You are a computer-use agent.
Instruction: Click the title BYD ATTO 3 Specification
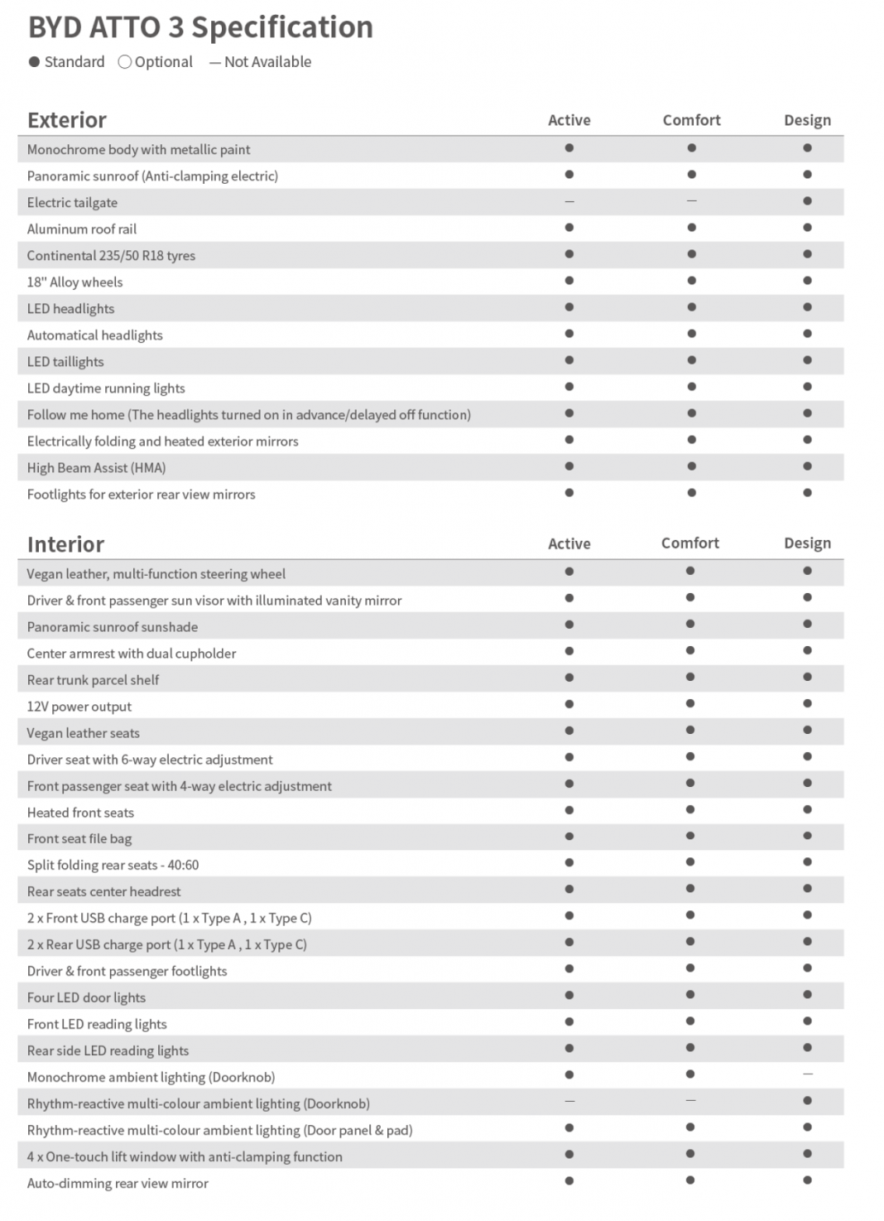tap(200, 27)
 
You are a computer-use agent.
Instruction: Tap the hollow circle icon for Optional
tap(125, 62)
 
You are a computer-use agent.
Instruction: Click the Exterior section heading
tap(67, 120)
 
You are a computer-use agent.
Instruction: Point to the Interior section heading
tap(65, 544)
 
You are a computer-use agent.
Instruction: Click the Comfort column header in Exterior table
tap(691, 120)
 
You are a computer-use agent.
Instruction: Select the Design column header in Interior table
tap(807, 543)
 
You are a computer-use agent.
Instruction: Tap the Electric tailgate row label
tap(72, 203)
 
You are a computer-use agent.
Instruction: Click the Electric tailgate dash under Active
tap(569, 201)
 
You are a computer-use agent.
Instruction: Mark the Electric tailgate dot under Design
tap(807, 201)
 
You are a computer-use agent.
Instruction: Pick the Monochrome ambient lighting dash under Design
tap(807, 1074)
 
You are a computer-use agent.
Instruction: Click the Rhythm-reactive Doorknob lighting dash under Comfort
tap(690, 1101)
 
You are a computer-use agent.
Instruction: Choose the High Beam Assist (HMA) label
tap(96, 468)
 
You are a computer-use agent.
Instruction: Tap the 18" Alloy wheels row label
tap(74, 282)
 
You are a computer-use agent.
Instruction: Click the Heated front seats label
tap(80, 813)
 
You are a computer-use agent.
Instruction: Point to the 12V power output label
tap(79, 707)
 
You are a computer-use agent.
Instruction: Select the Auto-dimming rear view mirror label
tap(118, 1184)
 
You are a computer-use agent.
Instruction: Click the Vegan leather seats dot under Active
tap(569, 731)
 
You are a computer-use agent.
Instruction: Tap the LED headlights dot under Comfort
tap(691, 307)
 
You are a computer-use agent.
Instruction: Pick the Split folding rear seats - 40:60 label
tap(113, 865)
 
